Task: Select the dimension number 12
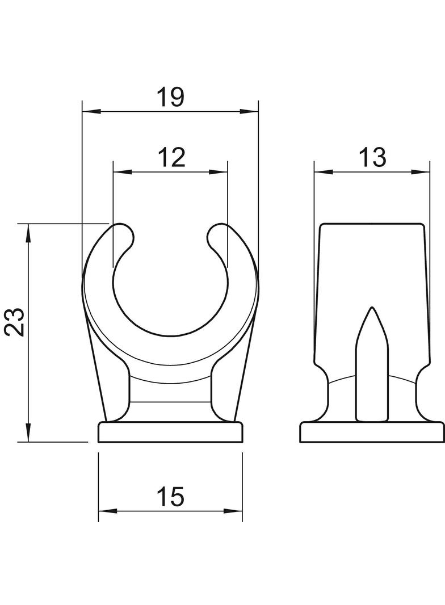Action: point(171,157)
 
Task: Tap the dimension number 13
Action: point(372,157)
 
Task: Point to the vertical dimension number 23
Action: point(15,322)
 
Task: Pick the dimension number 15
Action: point(171,497)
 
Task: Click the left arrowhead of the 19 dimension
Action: point(92,111)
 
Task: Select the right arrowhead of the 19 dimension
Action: point(249,111)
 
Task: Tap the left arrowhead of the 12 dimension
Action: point(123,172)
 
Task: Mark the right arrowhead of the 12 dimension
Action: point(218,172)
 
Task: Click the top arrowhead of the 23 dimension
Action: point(28,233)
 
